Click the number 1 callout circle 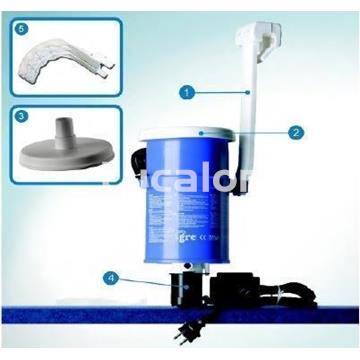click(x=186, y=90)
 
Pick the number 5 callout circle click(x=24, y=29)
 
